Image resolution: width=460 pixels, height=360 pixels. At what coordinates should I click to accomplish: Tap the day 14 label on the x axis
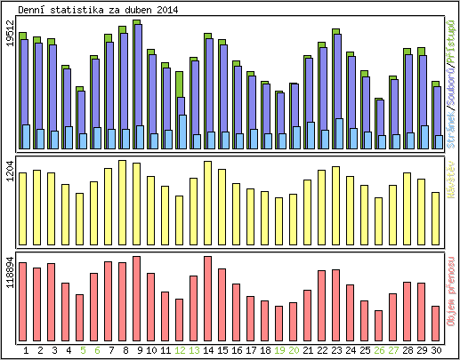pyautogui.click(x=208, y=350)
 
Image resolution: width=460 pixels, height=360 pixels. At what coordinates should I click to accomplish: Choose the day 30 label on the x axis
pyautogui.click(x=436, y=350)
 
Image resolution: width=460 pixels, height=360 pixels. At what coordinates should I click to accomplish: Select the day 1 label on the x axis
pyautogui.click(x=26, y=350)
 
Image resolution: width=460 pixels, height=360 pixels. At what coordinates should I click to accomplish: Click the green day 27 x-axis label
pyautogui.click(x=393, y=350)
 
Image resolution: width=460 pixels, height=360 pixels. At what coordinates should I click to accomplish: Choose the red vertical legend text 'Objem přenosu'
pyautogui.click(x=452, y=284)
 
